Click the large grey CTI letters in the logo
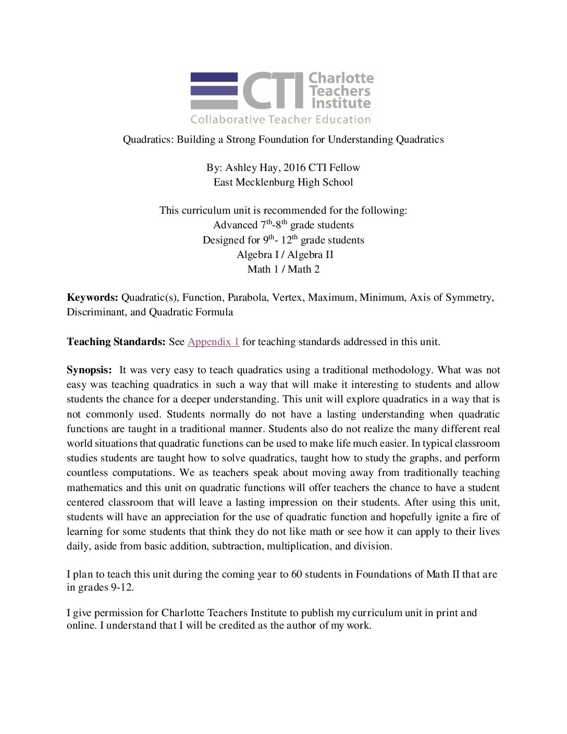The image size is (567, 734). [273, 90]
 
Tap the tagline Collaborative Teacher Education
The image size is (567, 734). [280, 119]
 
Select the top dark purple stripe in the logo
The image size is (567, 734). [214, 77]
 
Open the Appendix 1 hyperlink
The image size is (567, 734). [213, 342]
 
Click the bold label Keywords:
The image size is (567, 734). [92, 298]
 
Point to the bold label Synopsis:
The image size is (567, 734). [89, 370]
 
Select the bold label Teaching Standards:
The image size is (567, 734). [116, 342]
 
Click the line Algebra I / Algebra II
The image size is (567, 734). [285, 255]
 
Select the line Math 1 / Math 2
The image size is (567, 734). [283, 270]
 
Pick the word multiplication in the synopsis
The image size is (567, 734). [300, 546]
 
